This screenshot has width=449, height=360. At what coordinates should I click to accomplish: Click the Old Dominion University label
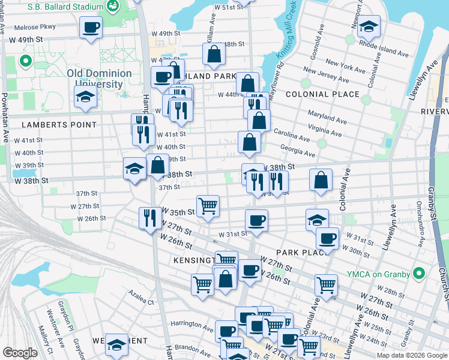click(x=99, y=79)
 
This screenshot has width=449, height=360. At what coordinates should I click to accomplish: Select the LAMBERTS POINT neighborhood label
click(x=59, y=125)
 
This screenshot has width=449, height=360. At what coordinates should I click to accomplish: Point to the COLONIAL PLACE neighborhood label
click(x=322, y=94)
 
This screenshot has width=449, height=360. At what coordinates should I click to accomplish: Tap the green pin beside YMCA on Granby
click(x=419, y=275)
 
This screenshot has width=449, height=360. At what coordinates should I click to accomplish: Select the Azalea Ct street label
click(x=141, y=295)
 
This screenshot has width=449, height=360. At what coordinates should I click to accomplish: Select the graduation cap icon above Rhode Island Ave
click(x=369, y=26)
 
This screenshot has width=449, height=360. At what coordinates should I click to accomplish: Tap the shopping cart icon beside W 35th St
click(x=208, y=205)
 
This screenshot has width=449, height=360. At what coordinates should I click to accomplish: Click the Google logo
click(x=19, y=353)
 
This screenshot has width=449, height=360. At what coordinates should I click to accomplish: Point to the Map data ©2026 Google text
click(x=411, y=355)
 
